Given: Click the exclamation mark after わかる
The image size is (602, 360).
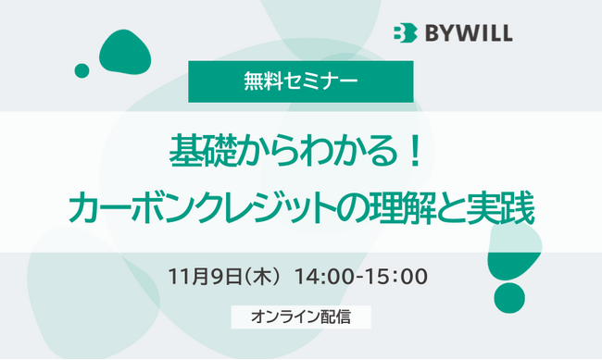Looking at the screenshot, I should (413, 150).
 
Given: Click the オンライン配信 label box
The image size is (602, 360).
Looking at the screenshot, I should (301, 317).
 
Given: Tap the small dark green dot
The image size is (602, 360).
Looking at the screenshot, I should (82, 70).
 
